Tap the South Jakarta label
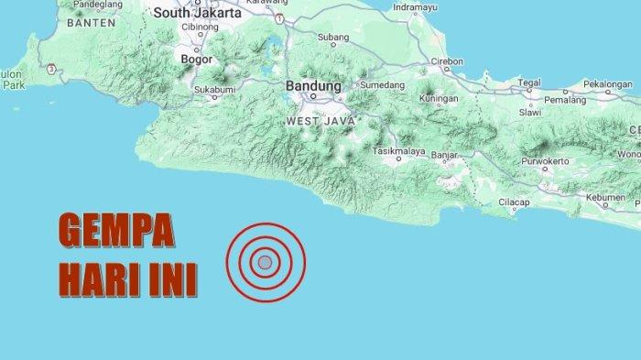pos(197,14)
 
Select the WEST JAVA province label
pos(316,120)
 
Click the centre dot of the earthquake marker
pos(265,263)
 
